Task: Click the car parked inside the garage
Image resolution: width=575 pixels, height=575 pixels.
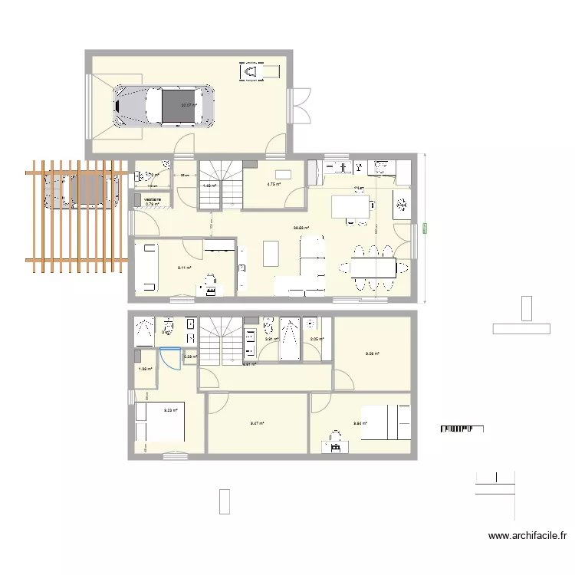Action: click(163, 105)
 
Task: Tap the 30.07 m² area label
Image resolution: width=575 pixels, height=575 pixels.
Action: click(188, 106)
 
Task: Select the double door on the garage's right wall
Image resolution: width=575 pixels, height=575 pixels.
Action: click(299, 106)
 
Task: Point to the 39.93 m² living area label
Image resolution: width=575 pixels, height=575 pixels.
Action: click(301, 228)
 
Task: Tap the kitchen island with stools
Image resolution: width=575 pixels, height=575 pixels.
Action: click(350, 207)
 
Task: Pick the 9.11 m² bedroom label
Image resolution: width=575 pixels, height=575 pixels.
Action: click(184, 268)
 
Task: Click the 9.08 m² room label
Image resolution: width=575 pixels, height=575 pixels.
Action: click(371, 353)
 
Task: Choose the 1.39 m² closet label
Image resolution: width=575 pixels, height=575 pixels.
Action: click(144, 370)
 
